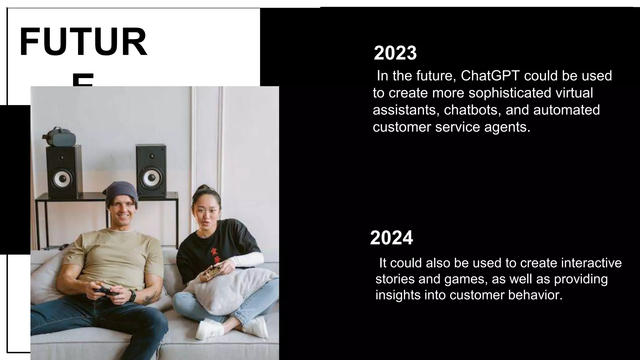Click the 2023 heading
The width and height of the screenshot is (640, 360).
[395, 53]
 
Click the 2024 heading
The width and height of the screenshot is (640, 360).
[391, 238]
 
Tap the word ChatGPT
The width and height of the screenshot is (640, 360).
[490, 76]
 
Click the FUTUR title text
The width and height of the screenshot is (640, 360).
[83, 42]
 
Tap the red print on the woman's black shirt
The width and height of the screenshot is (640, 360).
[215, 255]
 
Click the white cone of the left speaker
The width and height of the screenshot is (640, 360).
[62, 178]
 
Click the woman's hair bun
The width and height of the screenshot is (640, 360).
[204, 187]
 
